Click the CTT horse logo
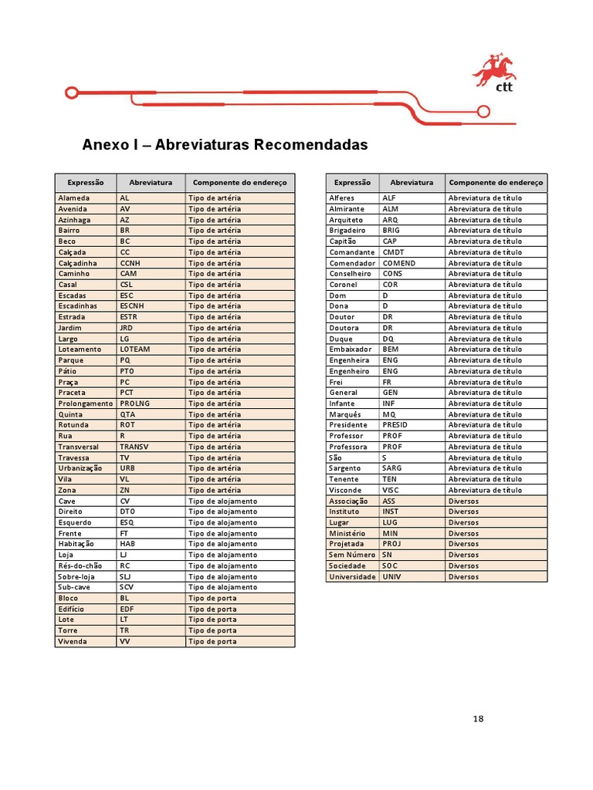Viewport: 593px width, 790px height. click(494, 71)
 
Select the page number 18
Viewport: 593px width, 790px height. click(479, 719)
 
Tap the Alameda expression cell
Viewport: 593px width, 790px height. click(74, 198)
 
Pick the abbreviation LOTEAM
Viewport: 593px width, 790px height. click(135, 349)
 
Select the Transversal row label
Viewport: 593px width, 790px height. click(79, 447)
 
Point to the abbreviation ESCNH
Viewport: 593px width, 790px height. click(132, 306)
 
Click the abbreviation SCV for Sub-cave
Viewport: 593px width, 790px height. click(127, 587)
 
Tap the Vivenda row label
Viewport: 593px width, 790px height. click(73, 641)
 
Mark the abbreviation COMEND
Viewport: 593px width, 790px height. click(399, 263)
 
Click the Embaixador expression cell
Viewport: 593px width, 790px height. click(351, 349)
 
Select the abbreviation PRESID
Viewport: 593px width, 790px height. click(395, 425)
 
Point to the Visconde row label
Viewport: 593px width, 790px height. click(345, 490)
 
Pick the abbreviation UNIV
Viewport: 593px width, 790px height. click(391, 576)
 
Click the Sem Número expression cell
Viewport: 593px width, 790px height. click(351, 555)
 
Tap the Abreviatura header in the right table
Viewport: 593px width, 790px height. click(412, 183)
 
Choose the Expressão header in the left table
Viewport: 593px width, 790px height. click(86, 183)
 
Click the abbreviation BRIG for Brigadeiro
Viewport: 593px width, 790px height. click(391, 231)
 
